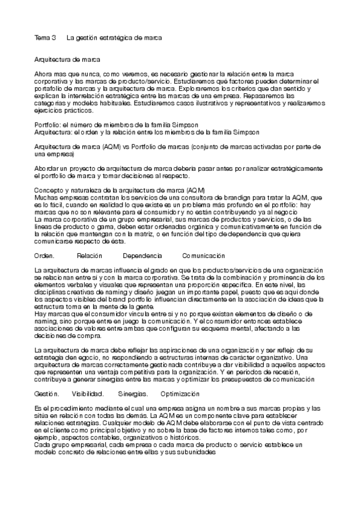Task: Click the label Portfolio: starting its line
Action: [47, 124]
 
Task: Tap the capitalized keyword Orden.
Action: [45, 256]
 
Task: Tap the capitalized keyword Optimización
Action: [180, 394]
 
